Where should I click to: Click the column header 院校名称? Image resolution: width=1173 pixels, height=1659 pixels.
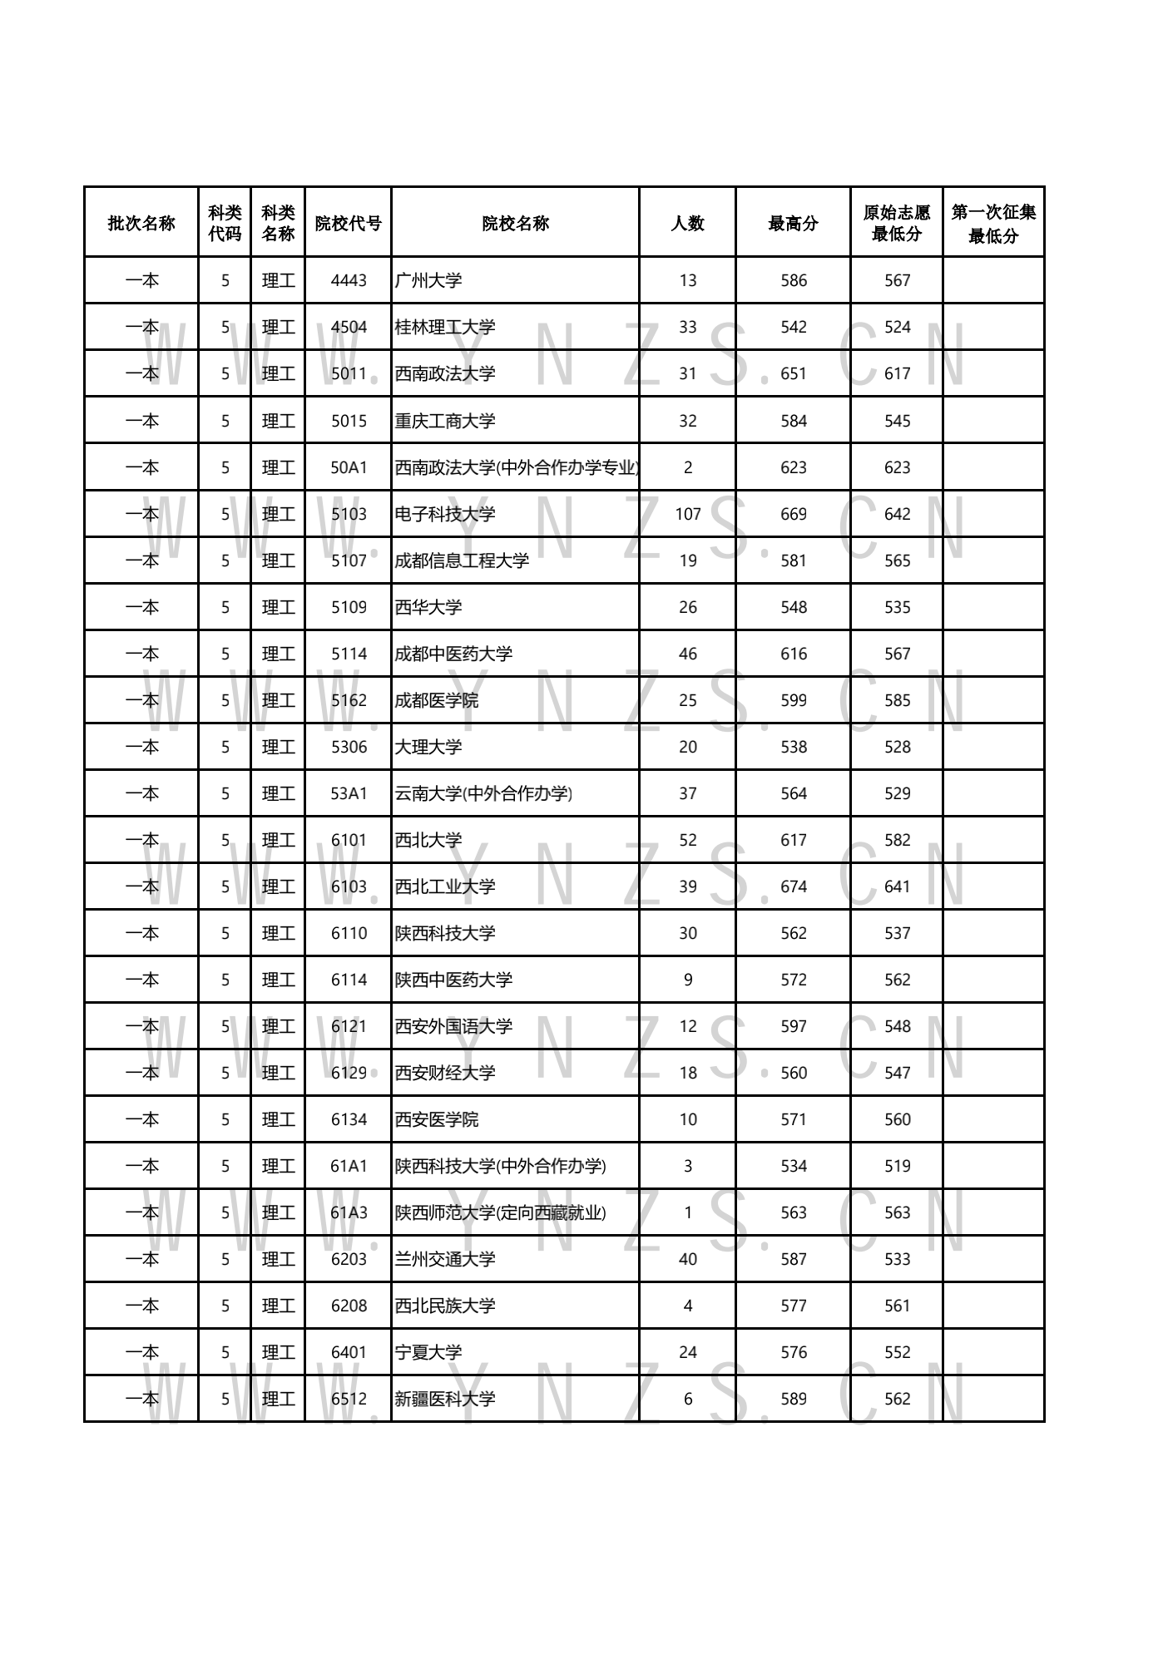tap(515, 223)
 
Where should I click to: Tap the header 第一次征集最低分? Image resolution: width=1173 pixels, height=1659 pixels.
tap(993, 223)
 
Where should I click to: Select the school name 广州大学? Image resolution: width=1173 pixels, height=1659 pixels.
tap(428, 280)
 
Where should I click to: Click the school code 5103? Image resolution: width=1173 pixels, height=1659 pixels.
tap(349, 514)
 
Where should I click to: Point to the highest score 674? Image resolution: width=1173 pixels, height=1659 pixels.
tap(794, 886)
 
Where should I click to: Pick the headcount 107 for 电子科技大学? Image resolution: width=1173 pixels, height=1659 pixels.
tap(688, 514)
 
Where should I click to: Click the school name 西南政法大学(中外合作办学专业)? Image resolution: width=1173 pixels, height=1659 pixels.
tap(517, 467)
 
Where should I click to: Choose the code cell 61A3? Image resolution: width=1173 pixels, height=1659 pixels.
tap(349, 1212)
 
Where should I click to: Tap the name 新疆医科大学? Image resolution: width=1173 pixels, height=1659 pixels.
tap(445, 1399)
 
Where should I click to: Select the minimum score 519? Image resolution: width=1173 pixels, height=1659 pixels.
tap(898, 1166)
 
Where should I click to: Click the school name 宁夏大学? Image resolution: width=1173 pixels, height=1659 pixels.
tap(428, 1352)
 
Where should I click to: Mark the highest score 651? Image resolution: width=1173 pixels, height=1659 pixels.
tap(794, 373)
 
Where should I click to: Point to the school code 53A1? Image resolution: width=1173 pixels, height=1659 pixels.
tap(349, 793)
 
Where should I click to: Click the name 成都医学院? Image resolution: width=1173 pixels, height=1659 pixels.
tap(437, 700)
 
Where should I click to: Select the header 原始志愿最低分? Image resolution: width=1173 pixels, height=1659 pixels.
tap(897, 223)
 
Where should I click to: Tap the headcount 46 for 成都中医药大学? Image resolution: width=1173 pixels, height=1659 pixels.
tap(688, 654)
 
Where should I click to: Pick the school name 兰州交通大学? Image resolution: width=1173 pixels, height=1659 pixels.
tap(445, 1259)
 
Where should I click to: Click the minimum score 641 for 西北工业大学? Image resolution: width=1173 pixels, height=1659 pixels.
tap(898, 886)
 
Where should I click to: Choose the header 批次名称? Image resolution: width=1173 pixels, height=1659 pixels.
tap(141, 223)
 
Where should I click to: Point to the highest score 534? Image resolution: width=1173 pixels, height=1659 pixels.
tap(794, 1166)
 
